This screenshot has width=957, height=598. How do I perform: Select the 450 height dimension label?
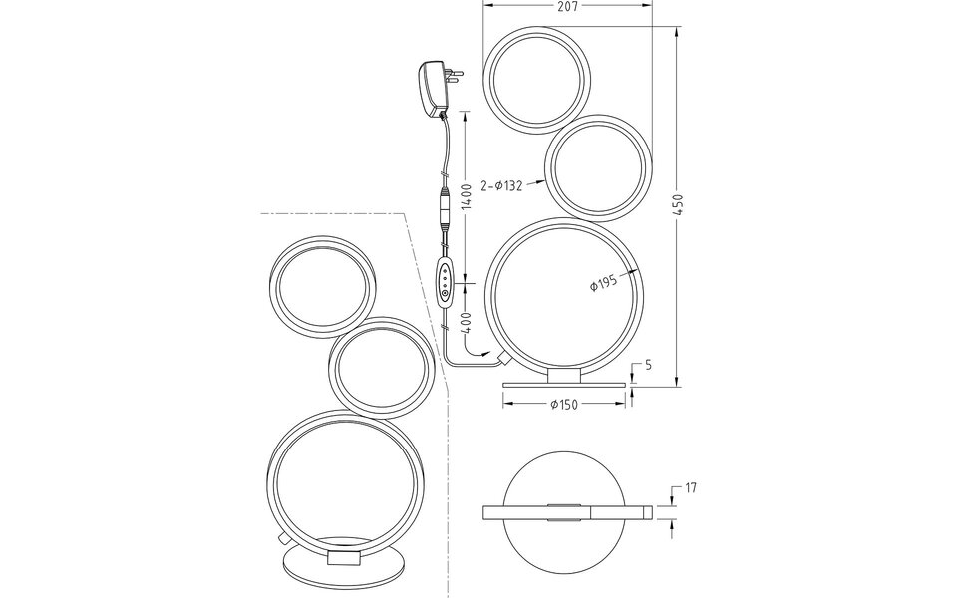(x=677, y=205)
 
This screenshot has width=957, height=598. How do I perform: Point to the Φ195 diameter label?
(x=603, y=283)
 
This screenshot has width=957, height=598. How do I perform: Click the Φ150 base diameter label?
(x=565, y=403)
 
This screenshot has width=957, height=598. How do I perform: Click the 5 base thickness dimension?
(x=648, y=365)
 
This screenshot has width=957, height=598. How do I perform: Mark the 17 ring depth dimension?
(x=690, y=489)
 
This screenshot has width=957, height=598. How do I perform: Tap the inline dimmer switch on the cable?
(x=446, y=283)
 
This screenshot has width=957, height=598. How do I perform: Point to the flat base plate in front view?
(x=565, y=385)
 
